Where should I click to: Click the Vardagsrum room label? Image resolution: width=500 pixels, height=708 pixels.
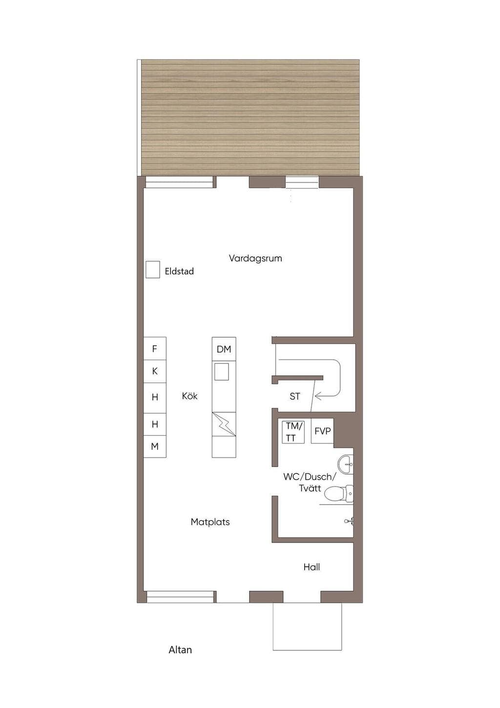255,259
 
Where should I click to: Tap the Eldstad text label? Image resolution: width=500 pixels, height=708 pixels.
179,271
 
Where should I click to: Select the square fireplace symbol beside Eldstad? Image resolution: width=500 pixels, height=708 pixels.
153,269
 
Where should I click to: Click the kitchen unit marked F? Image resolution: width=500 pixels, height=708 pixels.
155,349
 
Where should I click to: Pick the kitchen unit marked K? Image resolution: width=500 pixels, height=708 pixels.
155,372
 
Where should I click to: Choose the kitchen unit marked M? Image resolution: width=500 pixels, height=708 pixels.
155,446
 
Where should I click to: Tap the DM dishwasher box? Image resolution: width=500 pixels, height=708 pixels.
224,349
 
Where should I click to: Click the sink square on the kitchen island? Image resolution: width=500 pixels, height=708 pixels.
222,372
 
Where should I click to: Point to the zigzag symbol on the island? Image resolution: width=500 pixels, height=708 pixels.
224,424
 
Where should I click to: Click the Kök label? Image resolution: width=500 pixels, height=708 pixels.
190,396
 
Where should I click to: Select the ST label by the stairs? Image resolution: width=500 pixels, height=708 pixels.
295,397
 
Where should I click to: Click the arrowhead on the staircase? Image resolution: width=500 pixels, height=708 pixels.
318,396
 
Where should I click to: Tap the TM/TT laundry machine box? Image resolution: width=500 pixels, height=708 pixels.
293,432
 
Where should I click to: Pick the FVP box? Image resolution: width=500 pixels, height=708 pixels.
322,431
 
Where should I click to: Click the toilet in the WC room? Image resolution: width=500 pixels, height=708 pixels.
339,494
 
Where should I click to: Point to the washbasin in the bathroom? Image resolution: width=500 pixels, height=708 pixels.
345,465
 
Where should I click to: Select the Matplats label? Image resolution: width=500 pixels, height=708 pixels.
210,522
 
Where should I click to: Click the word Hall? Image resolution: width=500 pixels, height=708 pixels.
312,567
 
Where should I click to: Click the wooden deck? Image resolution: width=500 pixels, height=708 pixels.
250,117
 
